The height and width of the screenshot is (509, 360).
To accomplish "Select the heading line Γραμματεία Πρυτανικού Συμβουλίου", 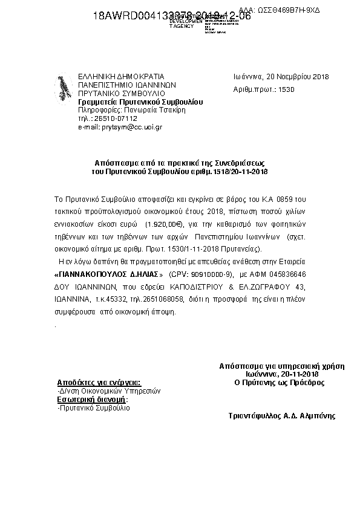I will tap(141, 102).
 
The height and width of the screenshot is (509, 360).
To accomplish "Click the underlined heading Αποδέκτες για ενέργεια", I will tap(99, 383).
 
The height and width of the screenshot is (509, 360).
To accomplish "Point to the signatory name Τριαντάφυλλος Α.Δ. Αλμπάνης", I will tap(281, 416).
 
